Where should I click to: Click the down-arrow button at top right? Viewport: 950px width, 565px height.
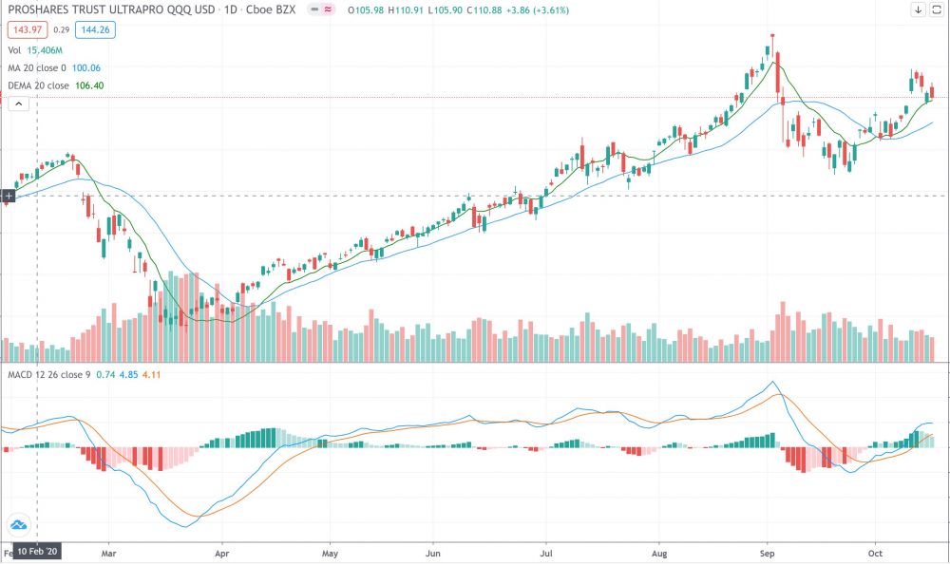[919, 9]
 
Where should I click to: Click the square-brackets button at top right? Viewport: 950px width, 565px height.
[938, 9]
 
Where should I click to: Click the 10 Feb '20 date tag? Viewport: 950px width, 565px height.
[38, 552]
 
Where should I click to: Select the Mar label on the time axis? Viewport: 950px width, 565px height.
[108, 552]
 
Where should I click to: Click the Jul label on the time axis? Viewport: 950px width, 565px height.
[546, 552]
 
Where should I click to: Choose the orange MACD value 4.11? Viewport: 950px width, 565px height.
[152, 374]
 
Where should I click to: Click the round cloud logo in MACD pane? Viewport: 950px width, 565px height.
[18, 524]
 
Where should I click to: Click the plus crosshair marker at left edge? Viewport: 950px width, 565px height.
[8, 197]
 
